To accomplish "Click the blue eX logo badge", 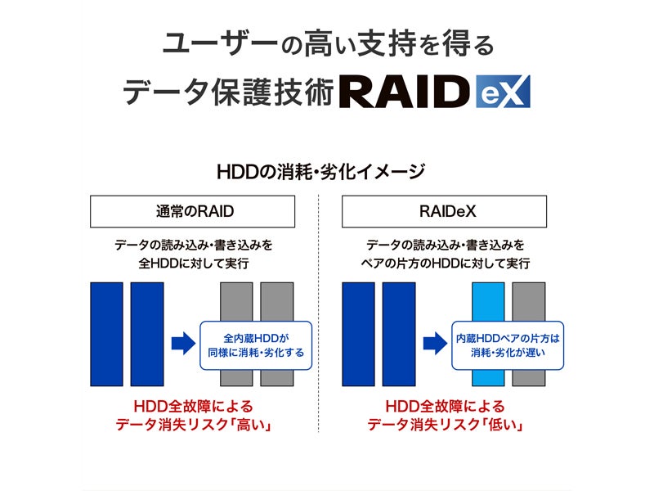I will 503,92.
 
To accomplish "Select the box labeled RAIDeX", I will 444,211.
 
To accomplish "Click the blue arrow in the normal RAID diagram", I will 182,342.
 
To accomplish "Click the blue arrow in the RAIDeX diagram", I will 434,342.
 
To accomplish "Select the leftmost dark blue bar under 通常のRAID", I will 106,334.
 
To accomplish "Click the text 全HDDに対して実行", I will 194,264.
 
